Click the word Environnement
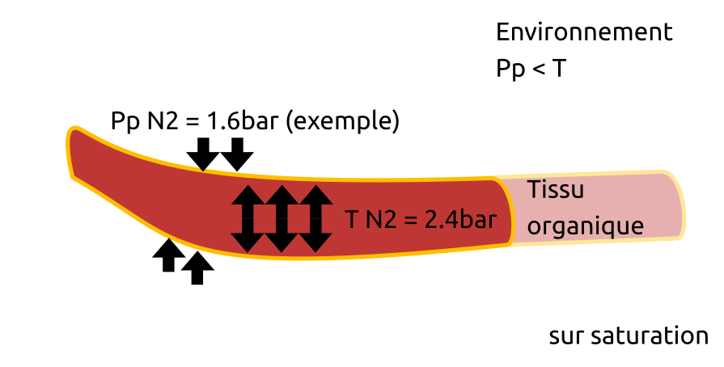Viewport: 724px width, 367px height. [x=584, y=32]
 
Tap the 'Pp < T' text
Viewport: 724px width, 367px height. [x=531, y=69]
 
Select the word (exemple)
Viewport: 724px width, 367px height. [x=343, y=122]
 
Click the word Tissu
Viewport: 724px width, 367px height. [x=555, y=191]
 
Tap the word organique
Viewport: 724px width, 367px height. [x=585, y=226]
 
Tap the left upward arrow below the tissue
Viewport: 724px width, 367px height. [x=168, y=255]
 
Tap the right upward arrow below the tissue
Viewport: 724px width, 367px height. [x=197, y=268]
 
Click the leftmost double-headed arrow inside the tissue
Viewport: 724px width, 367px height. [x=247, y=218]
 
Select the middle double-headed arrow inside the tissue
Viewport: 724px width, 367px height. [x=281, y=218]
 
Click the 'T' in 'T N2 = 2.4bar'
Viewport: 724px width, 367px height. [x=351, y=219]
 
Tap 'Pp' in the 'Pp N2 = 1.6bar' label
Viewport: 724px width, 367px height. [x=125, y=122]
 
